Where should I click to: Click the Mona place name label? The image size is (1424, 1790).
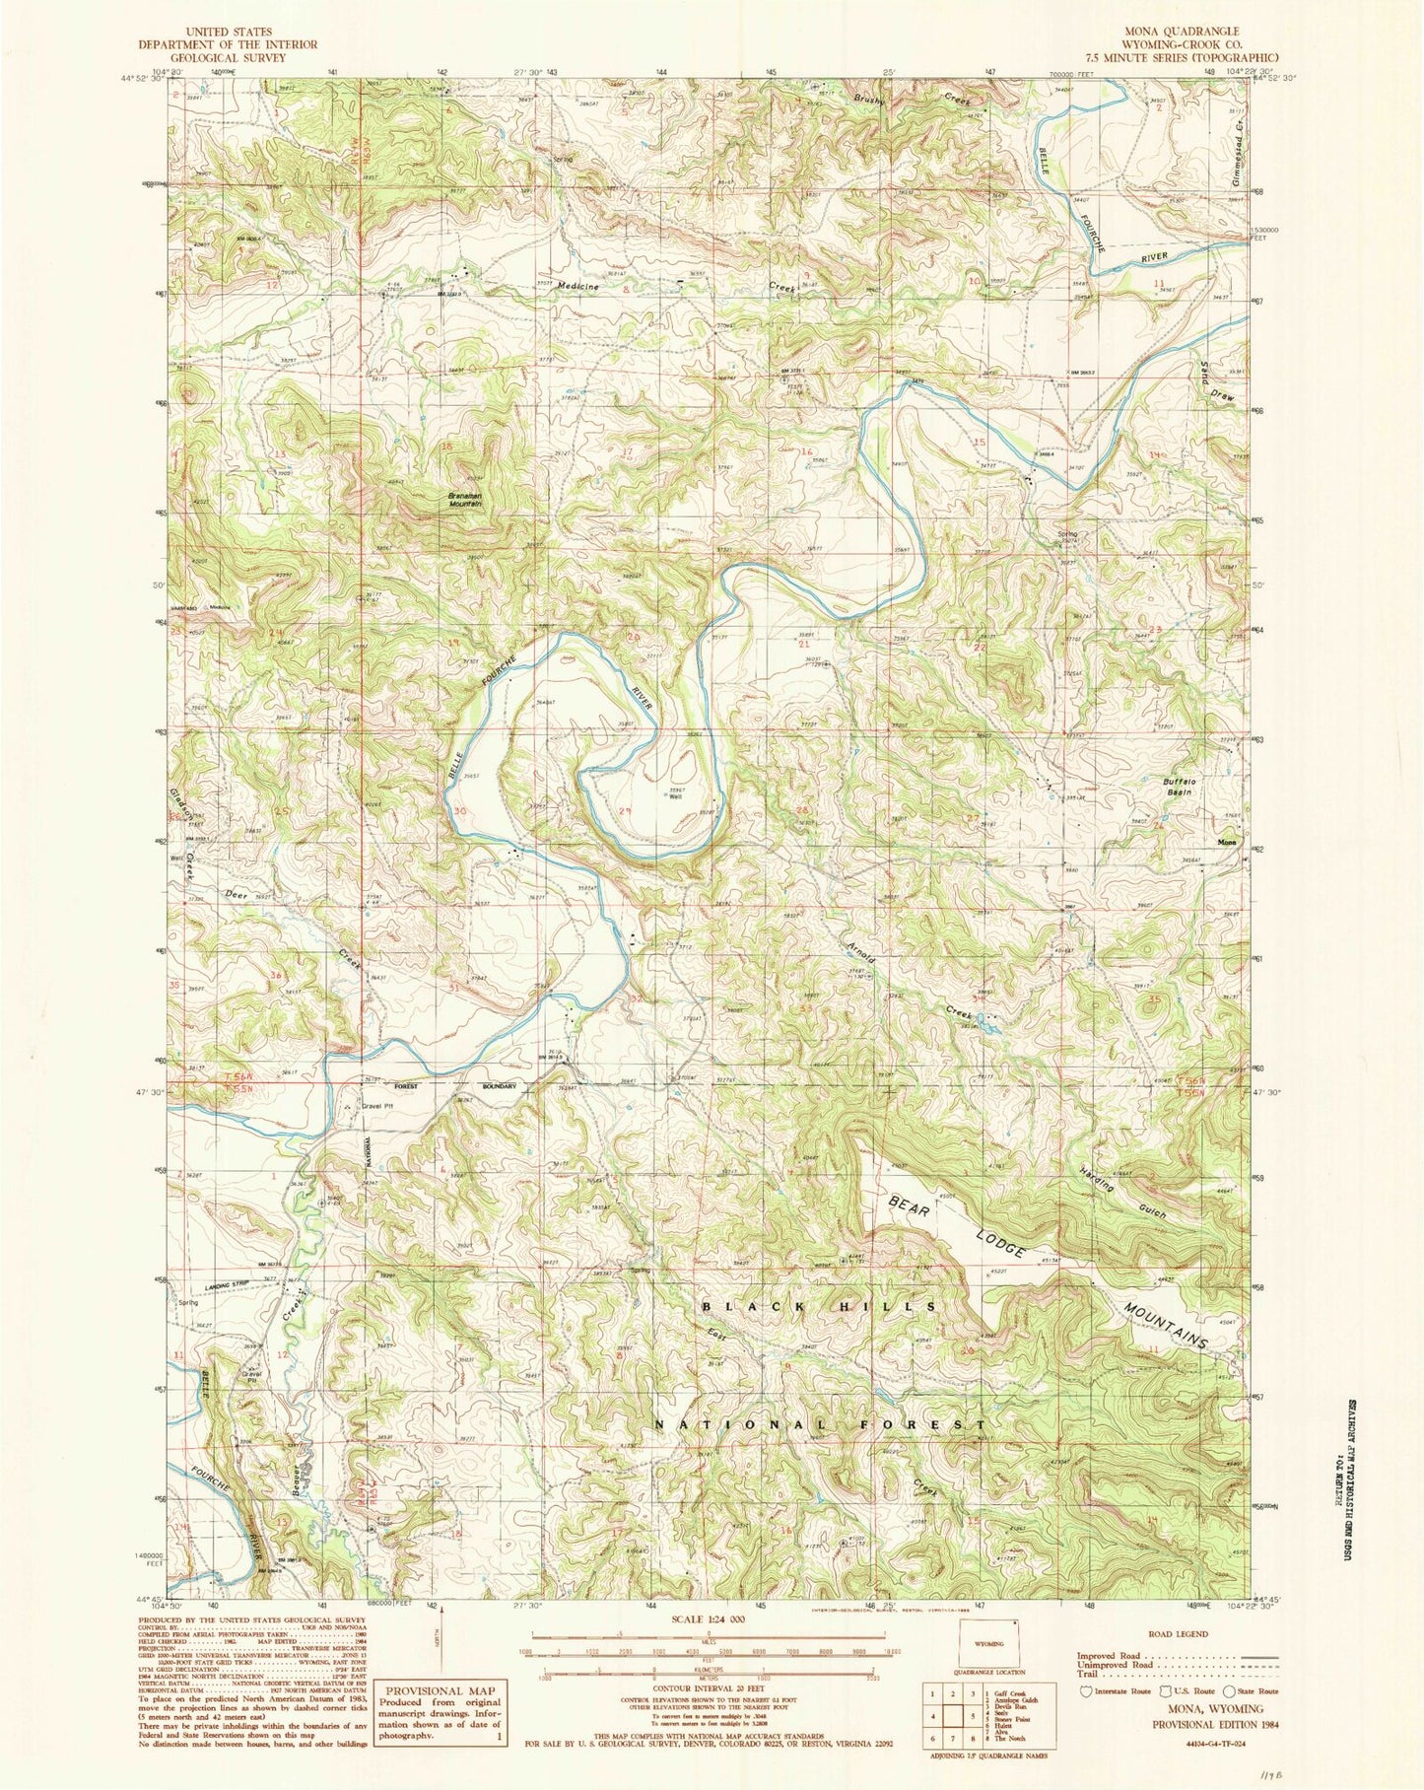click(x=1226, y=843)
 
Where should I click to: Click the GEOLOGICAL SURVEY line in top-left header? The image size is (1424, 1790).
click(x=228, y=58)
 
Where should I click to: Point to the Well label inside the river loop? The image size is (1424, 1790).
click(x=675, y=797)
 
